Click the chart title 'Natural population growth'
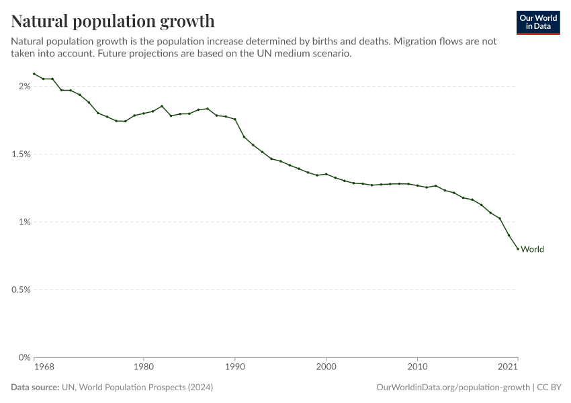[x=113, y=21]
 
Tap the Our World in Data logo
[x=537, y=21]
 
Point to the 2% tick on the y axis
[x=25, y=86]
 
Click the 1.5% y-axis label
[x=21, y=154]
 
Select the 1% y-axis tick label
[x=25, y=222]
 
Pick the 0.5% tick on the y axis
[x=21, y=289]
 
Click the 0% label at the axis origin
[x=25, y=357]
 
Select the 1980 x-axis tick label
[x=143, y=367]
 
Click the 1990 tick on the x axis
[x=234, y=367]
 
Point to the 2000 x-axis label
[x=326, y=367]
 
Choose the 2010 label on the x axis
[x=417, y=367]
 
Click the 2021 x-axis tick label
[x=508, y=367]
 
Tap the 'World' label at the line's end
[x=532, y=249]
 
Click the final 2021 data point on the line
[x=518, y=249]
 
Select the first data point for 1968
[x=34, y=74]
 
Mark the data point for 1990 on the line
[x=234, y=119]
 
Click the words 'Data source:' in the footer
[x=35, y=388]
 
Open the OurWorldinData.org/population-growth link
[x=453, y=388]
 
